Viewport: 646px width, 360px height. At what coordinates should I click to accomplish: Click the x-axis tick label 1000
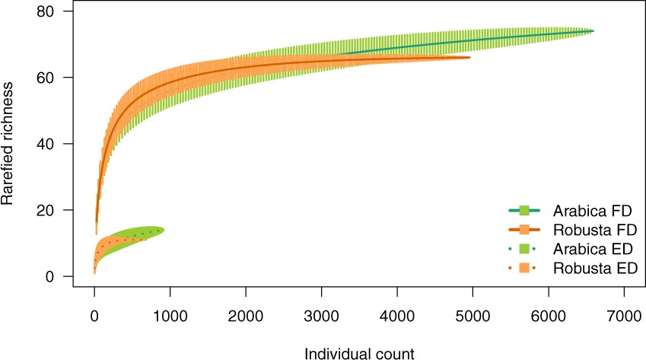(x=170, y=314)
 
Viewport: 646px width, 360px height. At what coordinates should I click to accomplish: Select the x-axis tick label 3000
(x=321, y=314)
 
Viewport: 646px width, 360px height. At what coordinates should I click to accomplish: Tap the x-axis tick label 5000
(x=473, y=314)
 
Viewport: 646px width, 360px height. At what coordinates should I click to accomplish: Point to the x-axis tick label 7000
(x=624, y=314)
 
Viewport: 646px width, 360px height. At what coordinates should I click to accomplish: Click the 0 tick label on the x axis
(x=94, y=314)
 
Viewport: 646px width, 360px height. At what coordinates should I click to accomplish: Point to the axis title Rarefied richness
(x=10, y=144)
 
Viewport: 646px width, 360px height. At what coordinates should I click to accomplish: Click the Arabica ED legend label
(x=592, y=248)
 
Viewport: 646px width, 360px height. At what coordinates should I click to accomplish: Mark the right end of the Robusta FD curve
(x=469, y=57)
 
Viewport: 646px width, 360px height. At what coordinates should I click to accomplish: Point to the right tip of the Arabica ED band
(x=164, y=230)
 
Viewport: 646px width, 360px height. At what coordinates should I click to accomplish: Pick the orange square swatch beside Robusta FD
(x=523, y=228)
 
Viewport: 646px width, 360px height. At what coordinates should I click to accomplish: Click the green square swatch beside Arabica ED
(x=523, y=248)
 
